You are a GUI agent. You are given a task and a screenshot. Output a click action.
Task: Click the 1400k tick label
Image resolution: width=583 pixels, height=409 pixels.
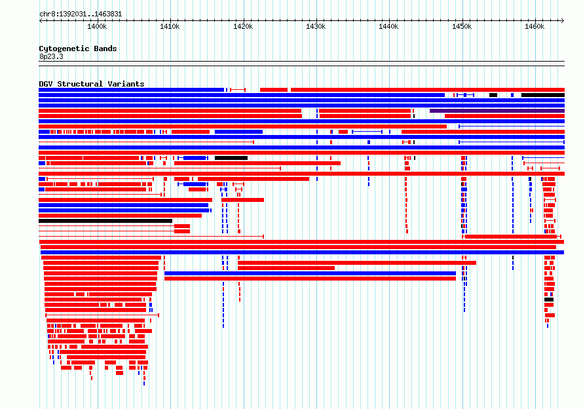coord(97,26)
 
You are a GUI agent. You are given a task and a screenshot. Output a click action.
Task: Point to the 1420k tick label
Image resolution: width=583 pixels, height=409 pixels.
coord(243,26)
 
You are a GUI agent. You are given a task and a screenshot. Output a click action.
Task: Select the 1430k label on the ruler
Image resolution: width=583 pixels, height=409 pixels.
coord(316,26)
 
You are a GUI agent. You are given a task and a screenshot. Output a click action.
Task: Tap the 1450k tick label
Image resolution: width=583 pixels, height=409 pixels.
coord(462,26)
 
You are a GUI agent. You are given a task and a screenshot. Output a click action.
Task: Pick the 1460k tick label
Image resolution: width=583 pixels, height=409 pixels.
coord(535,26)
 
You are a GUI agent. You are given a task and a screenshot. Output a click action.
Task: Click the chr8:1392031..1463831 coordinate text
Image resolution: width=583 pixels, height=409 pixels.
coord(81,14)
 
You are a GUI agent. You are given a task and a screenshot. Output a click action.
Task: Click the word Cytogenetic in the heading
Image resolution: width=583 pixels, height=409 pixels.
coord(64,49)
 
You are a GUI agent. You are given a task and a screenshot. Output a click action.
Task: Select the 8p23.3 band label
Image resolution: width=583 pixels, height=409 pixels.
coord(51,56)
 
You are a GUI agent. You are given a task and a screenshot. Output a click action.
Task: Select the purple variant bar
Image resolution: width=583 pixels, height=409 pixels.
coord(497,111)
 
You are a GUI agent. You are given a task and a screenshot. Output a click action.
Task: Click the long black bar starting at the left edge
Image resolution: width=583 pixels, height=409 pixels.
coord(105,221)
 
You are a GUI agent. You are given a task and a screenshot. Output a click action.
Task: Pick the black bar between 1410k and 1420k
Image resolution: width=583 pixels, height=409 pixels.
coord(231,158)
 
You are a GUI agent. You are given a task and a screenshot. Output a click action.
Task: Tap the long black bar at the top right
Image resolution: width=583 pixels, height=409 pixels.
coord(543,95)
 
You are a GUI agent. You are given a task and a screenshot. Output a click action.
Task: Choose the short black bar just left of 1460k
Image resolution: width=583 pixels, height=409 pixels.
coord(493,95)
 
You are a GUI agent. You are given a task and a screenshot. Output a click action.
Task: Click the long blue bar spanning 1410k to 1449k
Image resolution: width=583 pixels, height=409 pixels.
coord(310,273)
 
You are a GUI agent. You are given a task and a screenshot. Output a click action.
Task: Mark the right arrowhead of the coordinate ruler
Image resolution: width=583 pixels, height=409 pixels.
coord(563,20)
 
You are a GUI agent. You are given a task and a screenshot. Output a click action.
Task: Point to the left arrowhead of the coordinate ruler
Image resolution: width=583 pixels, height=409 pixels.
coord(41,20)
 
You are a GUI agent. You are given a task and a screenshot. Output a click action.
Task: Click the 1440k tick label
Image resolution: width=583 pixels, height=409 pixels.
coord(389,26)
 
